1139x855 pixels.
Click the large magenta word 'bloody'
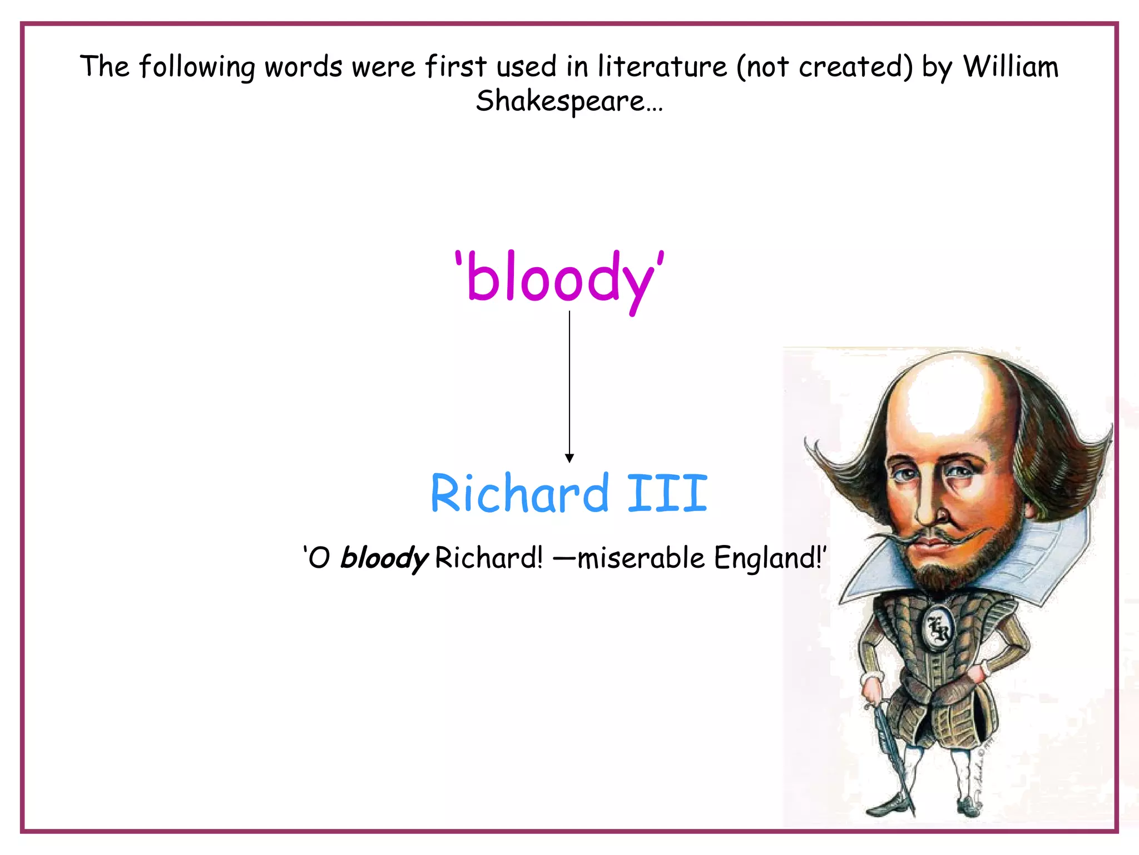click(559, 278)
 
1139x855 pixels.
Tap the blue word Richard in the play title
click(520, 493)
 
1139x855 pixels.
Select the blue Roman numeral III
click(667, 493)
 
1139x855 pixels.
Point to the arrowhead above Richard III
click(569, 458)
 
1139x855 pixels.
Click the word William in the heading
click(1011, 67)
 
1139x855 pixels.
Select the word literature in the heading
click(662, 67)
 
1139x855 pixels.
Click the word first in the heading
click(455, 67)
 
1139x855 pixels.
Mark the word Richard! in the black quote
click(488, 557)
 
